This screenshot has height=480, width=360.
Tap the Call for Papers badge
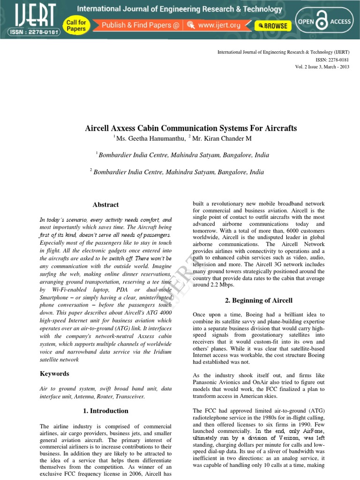[76, 25]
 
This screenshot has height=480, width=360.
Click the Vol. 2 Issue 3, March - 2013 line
[322, 67]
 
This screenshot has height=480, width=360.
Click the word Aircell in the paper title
[97, 128]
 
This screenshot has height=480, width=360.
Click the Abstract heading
[105, 205]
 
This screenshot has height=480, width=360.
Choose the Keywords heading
[54, 374]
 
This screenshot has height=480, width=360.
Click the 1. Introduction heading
[105, 411]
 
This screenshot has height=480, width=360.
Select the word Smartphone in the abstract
[56, 298]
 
